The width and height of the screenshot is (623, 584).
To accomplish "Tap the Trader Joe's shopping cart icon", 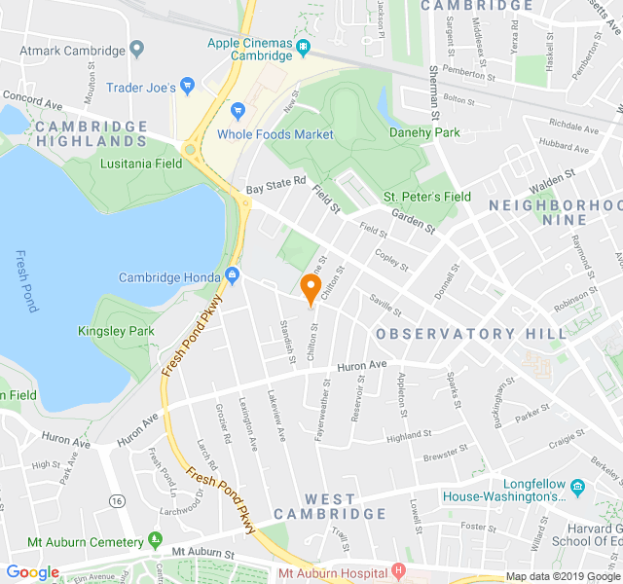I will click(188, 88).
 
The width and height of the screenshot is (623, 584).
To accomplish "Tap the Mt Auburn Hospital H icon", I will click(397, 569).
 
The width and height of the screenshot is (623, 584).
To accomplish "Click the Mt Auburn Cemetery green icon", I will click(155, 540).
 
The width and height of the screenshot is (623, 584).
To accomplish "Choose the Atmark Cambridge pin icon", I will click(137, 49).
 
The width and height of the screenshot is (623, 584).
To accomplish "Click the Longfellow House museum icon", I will click(577, 486).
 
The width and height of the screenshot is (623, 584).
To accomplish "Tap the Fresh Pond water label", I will click(26, 280).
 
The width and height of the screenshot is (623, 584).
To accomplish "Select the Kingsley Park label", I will click(116, 332).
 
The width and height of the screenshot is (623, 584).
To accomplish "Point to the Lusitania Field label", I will click(140, 164).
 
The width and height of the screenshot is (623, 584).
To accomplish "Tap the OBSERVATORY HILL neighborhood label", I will click(470, 333).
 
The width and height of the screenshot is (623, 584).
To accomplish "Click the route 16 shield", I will click(118, 500).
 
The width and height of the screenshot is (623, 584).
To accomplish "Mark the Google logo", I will click(32, 572).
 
